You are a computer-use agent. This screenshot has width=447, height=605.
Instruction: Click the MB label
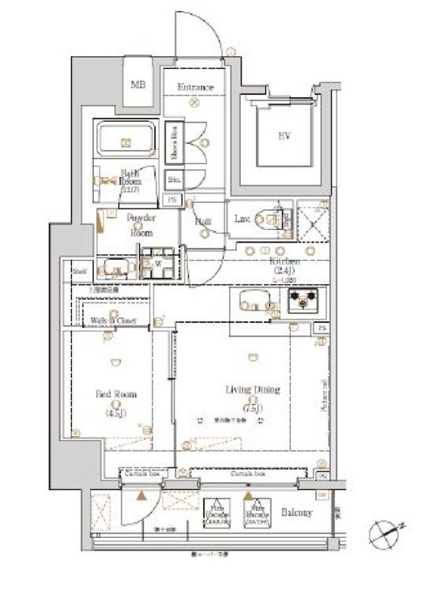(138, 85)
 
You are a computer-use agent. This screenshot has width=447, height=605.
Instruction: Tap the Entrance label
(195, 87)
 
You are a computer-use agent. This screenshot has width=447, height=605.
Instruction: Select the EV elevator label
(284, 136)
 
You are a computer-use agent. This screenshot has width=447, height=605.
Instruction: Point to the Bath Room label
(130, 178)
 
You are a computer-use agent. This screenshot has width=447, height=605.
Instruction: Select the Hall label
(203, 222)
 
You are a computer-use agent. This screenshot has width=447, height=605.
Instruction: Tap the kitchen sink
(252, 302)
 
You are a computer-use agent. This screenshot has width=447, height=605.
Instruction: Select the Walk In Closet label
(112, 320)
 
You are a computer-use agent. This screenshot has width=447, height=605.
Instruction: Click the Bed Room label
(117, 398)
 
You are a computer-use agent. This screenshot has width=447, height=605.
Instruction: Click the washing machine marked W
(157, 264)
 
